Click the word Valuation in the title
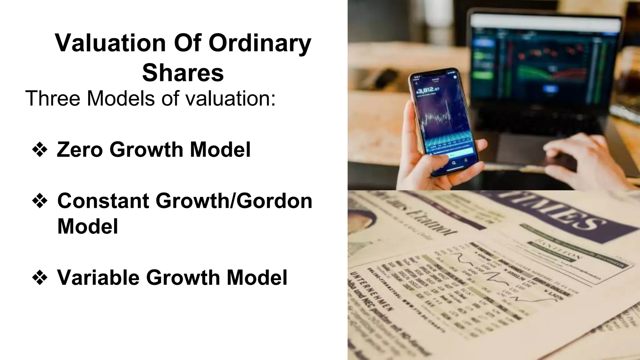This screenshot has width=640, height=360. coord(110,43)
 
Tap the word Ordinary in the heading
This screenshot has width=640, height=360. coord(260,43)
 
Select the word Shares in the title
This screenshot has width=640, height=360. coord(183,72)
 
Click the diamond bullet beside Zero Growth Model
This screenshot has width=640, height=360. coord(40,150)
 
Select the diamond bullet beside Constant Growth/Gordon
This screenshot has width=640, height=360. coord(40,201)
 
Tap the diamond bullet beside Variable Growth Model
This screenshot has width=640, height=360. coord(40,277)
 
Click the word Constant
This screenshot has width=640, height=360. coord(103,201)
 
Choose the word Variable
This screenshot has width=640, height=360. coord(98,277)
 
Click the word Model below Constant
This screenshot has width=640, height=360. coord(87,226)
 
